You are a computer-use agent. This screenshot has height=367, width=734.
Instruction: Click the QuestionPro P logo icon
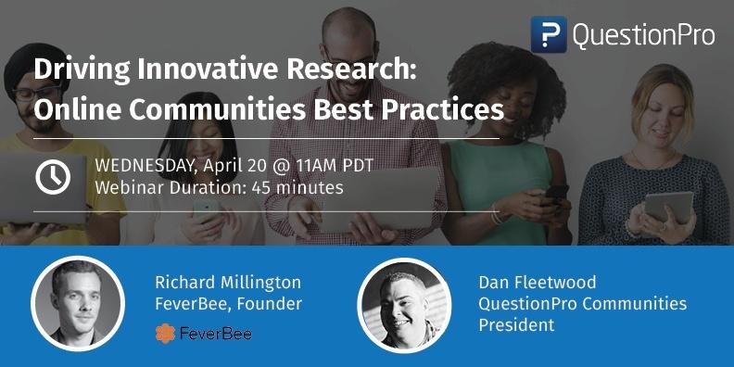coord(549,34)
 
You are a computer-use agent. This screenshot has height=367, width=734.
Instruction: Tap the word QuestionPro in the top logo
coord(643,35)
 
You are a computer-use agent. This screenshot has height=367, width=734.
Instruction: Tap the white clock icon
coord(53,176)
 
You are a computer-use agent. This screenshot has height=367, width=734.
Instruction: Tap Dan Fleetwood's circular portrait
coord(404,303)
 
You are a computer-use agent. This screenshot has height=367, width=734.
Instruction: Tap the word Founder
coord(269,303)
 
